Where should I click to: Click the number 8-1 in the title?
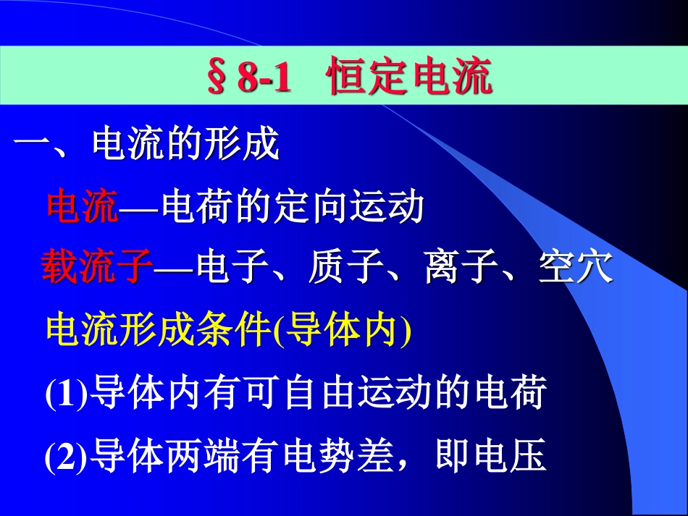[x=264, y=79]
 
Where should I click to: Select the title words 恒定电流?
[x=410, y=78]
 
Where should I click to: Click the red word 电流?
[x=82, y=208]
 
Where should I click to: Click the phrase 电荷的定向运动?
[x=293, y=208]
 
